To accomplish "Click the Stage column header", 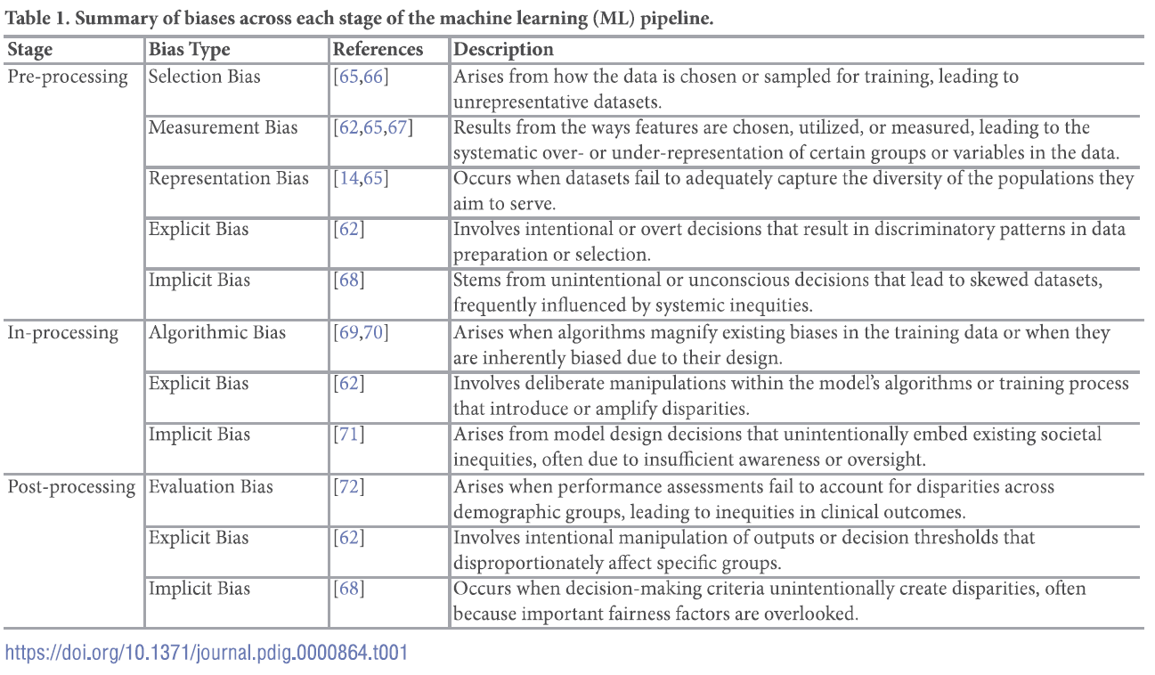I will click(30, 50).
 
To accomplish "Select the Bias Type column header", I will click(189, 50).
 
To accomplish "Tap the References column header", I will click(378, 50).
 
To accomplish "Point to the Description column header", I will click(503, 50).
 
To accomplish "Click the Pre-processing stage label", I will click(68, 77).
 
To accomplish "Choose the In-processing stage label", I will click(63, 333).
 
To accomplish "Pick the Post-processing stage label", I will click(71, 487).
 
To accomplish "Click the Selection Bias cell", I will click(205, 77).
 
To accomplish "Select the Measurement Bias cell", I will click(224, 127).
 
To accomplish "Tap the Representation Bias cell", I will click(229, 178).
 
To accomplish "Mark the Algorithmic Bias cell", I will click(217, 333).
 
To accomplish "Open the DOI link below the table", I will click(207, 653).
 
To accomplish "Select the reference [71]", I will click(348, 435).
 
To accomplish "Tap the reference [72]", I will click(348, 487).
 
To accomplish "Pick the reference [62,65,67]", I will click(373, 127).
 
